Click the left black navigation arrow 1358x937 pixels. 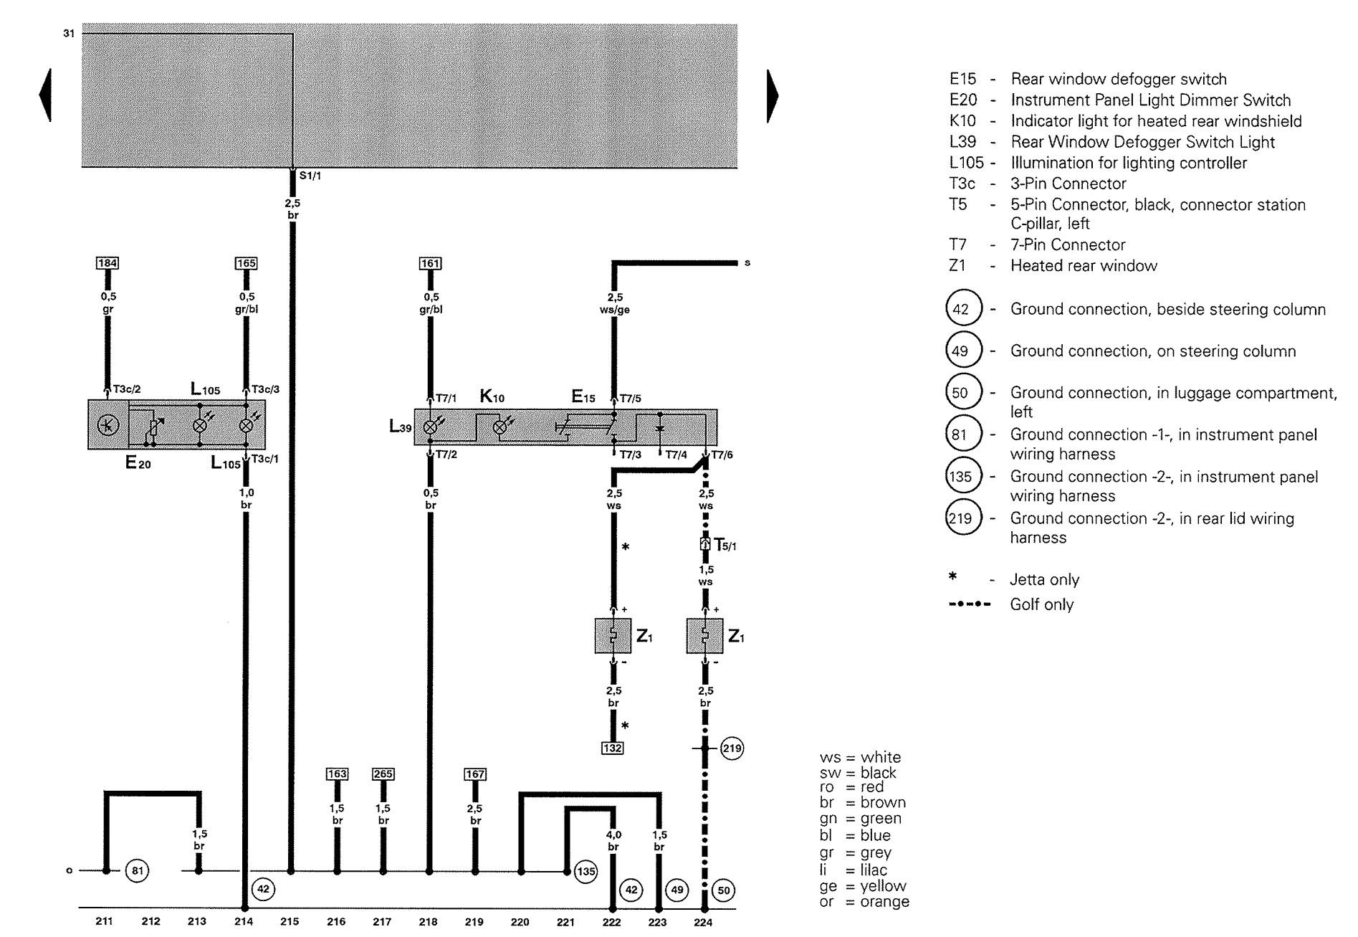(x=45, y=95)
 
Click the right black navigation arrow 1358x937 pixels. (x=773, y=96)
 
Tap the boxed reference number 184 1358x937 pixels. (x=107, y=263)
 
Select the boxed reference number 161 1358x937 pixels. (x=430, y=264)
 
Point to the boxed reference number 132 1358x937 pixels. (x=613, y=748)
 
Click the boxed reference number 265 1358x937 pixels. (x=383, y=774)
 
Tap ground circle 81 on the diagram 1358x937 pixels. (x=136, y=871)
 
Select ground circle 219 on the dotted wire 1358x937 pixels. (x=732, y=748)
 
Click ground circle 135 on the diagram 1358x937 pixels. (x=585, y=872)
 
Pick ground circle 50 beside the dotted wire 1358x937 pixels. (x=724, y=890)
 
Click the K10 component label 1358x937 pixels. (x=492, y=396)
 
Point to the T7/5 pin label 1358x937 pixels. (x=631, y=399)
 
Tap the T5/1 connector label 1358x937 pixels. (x=725, y=545)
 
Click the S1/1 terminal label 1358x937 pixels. (x=310, y=176)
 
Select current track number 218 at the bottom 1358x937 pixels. (x=428, y=922)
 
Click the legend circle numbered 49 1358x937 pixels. (x=960, y=351)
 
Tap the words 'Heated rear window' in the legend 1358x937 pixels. (x=1084, y=266)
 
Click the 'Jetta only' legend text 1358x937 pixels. (x=1044, y=580)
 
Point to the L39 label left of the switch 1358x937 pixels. (x=401, y=427)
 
